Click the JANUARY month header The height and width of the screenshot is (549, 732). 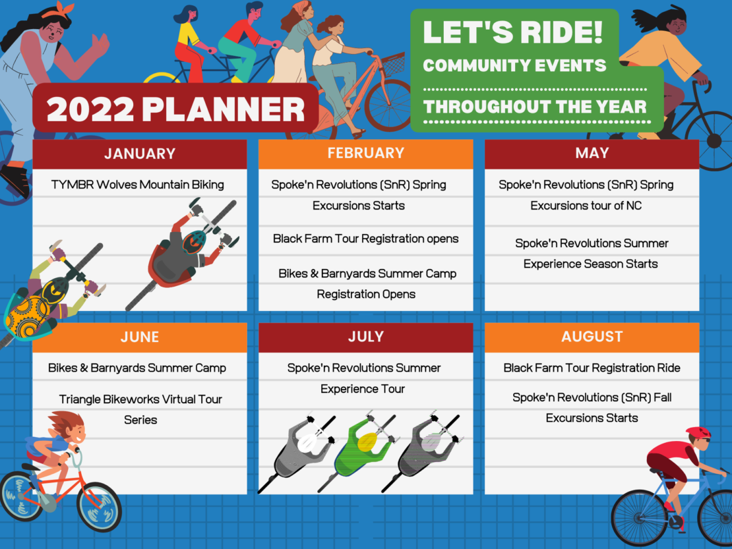click(x=140, y=154)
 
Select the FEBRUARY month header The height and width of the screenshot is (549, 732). click(x=365, y=154)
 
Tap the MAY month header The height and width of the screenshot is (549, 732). click(x=592, y=154)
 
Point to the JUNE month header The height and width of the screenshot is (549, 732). click(x=140, y=337)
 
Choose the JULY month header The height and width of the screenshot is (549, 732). click(x=365, y=337)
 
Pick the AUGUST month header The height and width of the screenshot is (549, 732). click(x=592, y=337)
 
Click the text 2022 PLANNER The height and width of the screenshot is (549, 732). click(x=175, y=109)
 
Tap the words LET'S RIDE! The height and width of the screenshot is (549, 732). click(x=512, y=32)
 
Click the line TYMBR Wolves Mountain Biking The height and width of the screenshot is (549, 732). click(x=138, y=185)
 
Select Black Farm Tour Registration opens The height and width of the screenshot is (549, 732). click(x=365, y=239)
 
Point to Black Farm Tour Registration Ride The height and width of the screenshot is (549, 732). click(x=592, y=368)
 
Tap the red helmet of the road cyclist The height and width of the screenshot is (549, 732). click(x=699, y=432)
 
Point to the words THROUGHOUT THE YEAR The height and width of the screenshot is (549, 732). click(x=535, y=107)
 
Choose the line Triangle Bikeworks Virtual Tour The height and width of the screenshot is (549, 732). click(x=140, y=399)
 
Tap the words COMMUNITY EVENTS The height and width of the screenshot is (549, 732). click(x=514, y=66)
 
